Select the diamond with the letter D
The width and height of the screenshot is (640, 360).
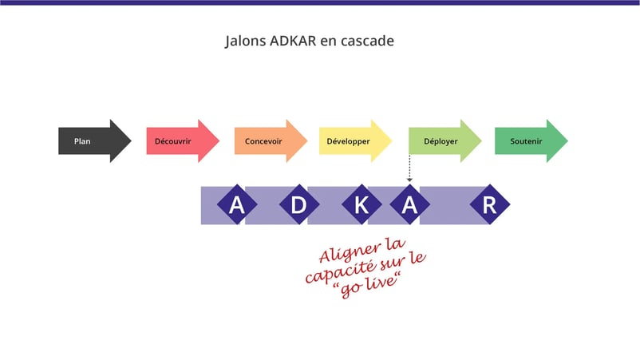298,205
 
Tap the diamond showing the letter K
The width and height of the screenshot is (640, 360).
361,205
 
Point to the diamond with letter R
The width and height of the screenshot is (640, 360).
489,205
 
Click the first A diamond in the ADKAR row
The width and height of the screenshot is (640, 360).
237,205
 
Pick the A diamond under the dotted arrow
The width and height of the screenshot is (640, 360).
409,205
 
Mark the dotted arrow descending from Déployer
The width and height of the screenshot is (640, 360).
409,168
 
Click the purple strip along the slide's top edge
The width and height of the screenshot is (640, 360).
319,2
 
